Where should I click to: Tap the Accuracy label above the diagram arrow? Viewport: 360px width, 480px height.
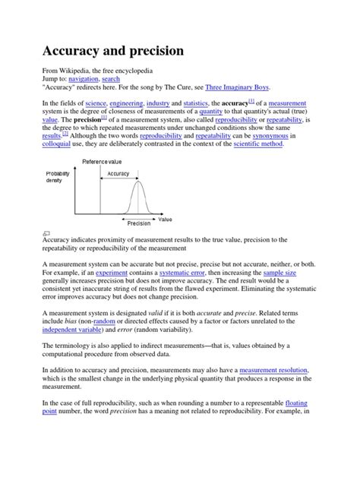click(118, 174)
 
